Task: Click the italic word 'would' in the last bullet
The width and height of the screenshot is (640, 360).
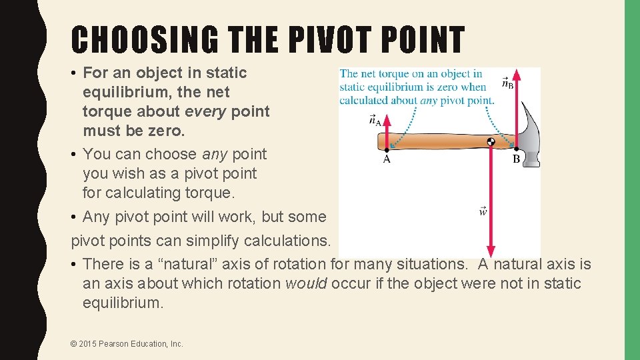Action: (x=305, y=283)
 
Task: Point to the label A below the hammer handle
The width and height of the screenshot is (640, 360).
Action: (x=387, y=159)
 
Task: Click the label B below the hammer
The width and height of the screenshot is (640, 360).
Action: (x=516, y=159)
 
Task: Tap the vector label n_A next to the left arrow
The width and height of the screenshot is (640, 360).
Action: (x=375, y=120)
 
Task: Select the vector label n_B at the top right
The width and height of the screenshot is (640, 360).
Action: (x=507, y=83)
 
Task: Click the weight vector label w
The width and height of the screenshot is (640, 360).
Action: (x=483, y=211)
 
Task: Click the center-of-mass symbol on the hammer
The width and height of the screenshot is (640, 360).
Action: (x=491, y=141)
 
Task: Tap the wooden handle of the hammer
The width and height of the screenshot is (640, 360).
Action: (x=433, y=141)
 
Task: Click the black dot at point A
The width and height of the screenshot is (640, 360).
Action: (x=387, y=149)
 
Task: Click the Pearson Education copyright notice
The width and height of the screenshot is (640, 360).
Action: (x=126, y=344)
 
